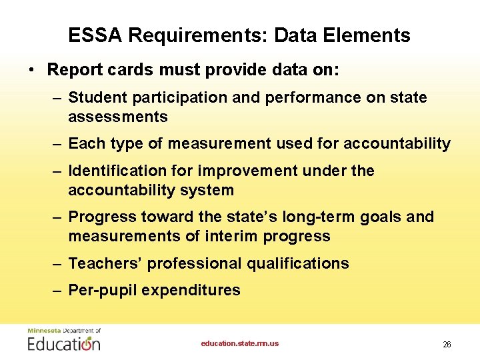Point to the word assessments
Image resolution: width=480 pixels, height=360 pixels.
click(118, 117)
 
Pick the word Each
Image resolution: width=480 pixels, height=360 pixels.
click(85, 143)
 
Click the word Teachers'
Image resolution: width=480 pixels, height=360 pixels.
click(105, 263)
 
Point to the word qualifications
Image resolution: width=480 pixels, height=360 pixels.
click(297, 263)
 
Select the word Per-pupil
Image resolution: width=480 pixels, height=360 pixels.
click(102, 290)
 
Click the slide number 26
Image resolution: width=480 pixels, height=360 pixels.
click(447, 345)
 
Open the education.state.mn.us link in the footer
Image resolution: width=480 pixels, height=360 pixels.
click(240, 343)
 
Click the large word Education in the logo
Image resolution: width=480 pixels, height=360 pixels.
click(64, 344)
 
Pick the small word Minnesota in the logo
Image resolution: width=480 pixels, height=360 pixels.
click(43, 331)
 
